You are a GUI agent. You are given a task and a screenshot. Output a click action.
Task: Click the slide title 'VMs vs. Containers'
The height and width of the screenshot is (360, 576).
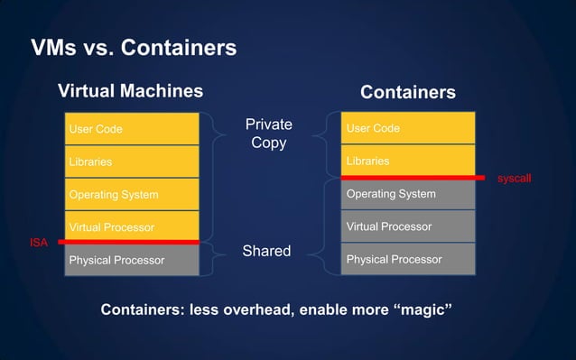pyautogui.click(x=134, y=47)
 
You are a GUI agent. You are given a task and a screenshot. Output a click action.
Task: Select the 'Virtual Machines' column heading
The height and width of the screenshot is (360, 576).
pyautogui.click(x=130, y=91)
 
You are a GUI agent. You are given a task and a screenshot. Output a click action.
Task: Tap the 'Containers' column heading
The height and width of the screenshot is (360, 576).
pyautogui.click(x=407, y=92)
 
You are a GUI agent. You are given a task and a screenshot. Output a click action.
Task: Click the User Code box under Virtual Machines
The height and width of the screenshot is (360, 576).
pyautogui.click(x=132, y=129)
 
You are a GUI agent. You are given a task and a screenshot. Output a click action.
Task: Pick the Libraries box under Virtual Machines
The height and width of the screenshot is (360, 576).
pyautogui.click(x=132, y=162)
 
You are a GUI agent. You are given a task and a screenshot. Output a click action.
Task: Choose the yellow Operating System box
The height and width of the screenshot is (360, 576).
pyautogui.click(x=132, y=194)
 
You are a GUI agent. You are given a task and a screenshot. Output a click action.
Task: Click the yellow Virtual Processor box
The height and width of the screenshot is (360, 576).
pyautogui.click(x=132, y=226)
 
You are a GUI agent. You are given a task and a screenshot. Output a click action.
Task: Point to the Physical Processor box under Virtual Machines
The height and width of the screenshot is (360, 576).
pyautogui.click(x=132, y=260)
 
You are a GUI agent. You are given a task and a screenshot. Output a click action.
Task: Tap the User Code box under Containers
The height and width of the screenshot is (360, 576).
pyautogui.click(x=407, y=128)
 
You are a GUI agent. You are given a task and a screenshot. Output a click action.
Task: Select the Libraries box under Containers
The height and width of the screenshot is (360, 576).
pyautogui.click(x=407, y=161)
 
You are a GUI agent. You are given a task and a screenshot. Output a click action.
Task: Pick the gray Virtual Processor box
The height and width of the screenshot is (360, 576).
pyautogui.click(x=407, y=226)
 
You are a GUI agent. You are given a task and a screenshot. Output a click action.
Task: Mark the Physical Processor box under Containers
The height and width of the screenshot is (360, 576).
pyautogui.click(x=407, y=260)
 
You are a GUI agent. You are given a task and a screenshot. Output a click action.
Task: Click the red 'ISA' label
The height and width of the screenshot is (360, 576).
pyautogui.click(x=39, y=243)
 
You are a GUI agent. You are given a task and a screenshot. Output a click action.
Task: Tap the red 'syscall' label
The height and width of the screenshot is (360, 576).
pyautogui.click(x=514, y=179)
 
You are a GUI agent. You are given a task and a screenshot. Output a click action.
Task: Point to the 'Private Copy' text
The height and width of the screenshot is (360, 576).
pyautogui.click(x=269, y=133)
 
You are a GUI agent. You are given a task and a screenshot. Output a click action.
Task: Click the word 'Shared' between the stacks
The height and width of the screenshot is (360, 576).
pyautogui.click(x=266, y=251)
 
